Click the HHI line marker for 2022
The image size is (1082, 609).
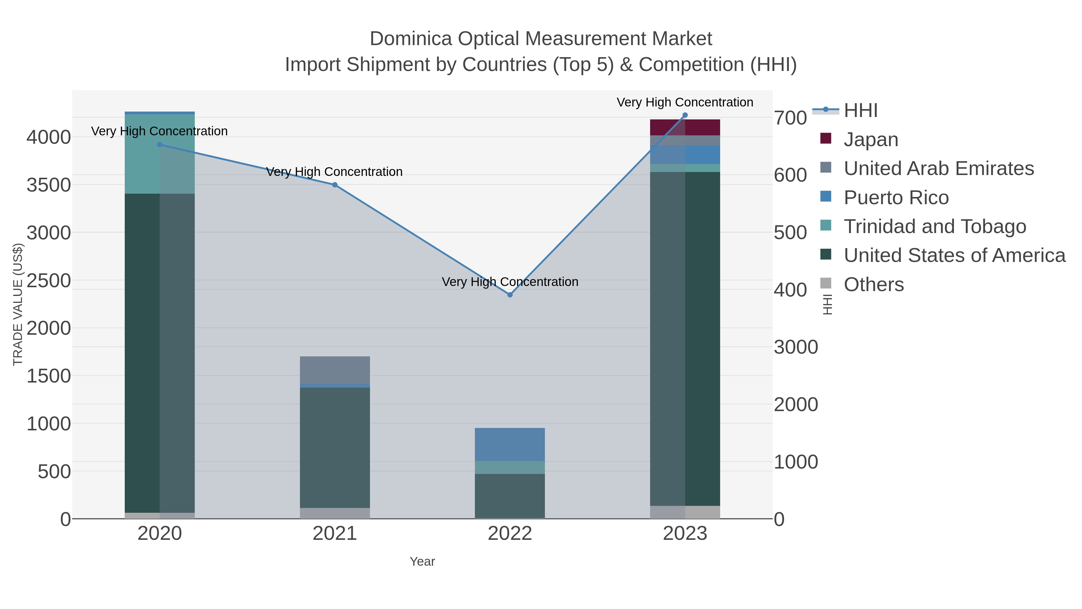click(x=510, y=295)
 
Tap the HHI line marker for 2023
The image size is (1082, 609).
click(x=685, y=115)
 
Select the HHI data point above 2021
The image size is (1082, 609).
click(x=335, y=185)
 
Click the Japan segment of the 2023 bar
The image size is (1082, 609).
click(x=685, y=127)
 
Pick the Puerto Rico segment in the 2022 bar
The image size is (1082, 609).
click(x=510, y=444)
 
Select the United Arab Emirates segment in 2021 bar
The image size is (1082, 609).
click(x=335, y=370)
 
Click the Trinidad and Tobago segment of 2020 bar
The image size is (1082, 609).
click(x=160, y=154)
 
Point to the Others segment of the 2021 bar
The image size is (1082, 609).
click(x=335, y=513)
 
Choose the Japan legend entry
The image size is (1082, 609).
click(x=871, y=140)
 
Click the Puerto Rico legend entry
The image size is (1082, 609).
click(x=896, y=198)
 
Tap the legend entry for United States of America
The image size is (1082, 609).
click(x=954, y=256)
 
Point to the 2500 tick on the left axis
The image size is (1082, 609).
click(x=49, y=280)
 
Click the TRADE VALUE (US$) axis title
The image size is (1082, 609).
click(x=18, y=304)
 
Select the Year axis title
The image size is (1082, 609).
click(x=422, y=561)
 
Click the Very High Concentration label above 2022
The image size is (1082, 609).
click(x=510, y=281)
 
